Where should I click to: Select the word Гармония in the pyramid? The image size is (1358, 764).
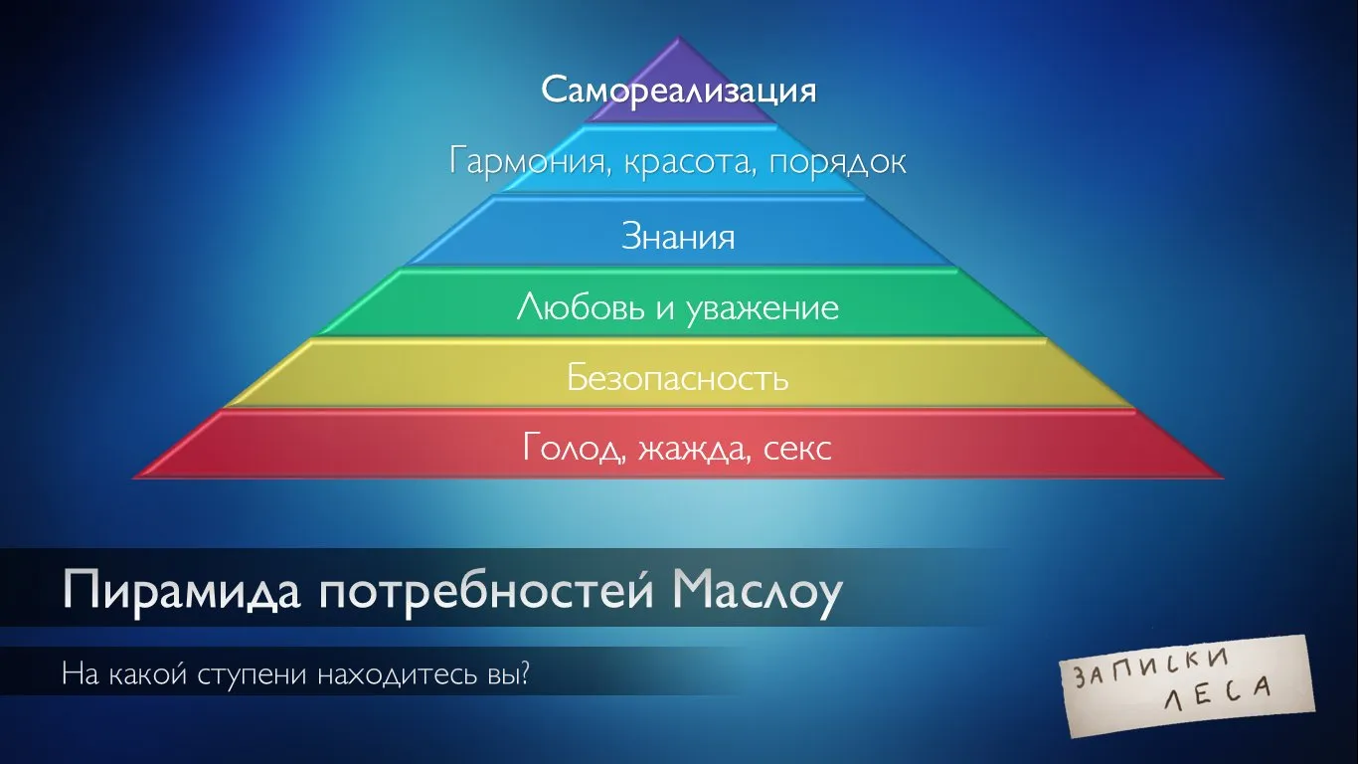529,162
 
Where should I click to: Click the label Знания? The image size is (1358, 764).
678,236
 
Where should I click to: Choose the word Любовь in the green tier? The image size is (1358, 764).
581,307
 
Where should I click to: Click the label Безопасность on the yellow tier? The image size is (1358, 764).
678,377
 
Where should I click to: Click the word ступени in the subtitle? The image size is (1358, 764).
252,674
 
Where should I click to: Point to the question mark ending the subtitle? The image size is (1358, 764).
524,673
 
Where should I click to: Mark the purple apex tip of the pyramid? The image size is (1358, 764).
678,37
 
